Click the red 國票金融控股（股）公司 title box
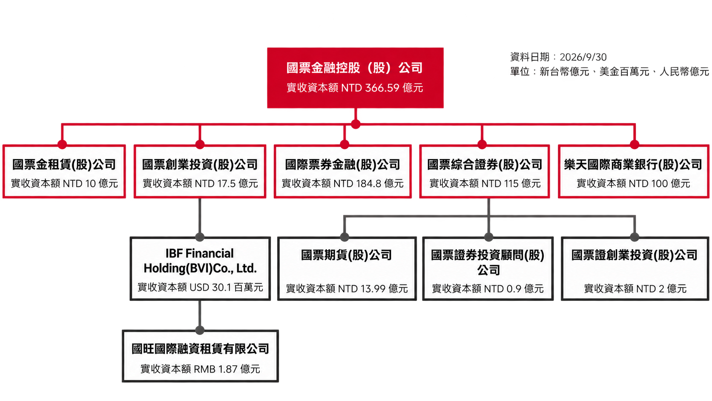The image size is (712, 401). [x=355, y=78]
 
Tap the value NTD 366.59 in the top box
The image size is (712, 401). [x=370, y=88]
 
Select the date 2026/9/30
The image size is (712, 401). [x=583, y=57]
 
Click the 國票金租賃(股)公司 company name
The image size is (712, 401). [x=64, y=164]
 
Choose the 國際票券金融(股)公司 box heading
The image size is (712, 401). [x=343, y=164]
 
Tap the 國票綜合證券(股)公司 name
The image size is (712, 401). [x=485, y=164]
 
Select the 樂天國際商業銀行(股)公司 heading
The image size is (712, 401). [x=633, y=164]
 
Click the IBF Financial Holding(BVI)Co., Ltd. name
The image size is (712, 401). [x=200, y=261]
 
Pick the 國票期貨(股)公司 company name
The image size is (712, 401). [x=347, y=255]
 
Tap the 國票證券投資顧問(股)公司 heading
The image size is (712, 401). [x=488, y=263]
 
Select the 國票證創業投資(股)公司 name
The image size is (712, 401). [x=634, y=255]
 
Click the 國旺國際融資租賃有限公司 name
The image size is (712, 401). [x=200, y=349]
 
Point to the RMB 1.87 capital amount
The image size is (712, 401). [x=215, y=369]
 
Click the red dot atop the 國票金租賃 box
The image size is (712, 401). [x=62, y=145]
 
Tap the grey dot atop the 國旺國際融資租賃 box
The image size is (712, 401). [x=200, y=330]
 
